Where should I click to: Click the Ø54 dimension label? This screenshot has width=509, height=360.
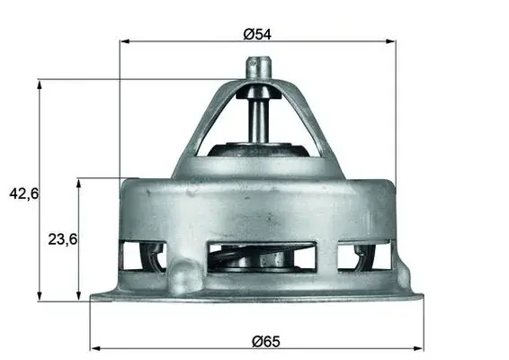click(257, 34)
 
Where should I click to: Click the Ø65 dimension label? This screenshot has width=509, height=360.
click(266, 341)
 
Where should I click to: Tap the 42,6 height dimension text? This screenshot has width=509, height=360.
click(23, 194)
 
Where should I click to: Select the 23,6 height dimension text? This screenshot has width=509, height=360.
click(63, 239)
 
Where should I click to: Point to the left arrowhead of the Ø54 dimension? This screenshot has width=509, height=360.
click(125, 41)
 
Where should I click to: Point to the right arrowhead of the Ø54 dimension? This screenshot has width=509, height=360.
click(390, 41)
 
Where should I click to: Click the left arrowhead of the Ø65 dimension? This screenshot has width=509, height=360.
click(95, 348)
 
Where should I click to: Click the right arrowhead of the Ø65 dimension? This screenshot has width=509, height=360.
click(418, 348)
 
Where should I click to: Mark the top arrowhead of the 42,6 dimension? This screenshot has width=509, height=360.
click(40, 85)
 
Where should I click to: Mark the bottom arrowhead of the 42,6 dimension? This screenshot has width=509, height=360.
click(40, 296)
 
